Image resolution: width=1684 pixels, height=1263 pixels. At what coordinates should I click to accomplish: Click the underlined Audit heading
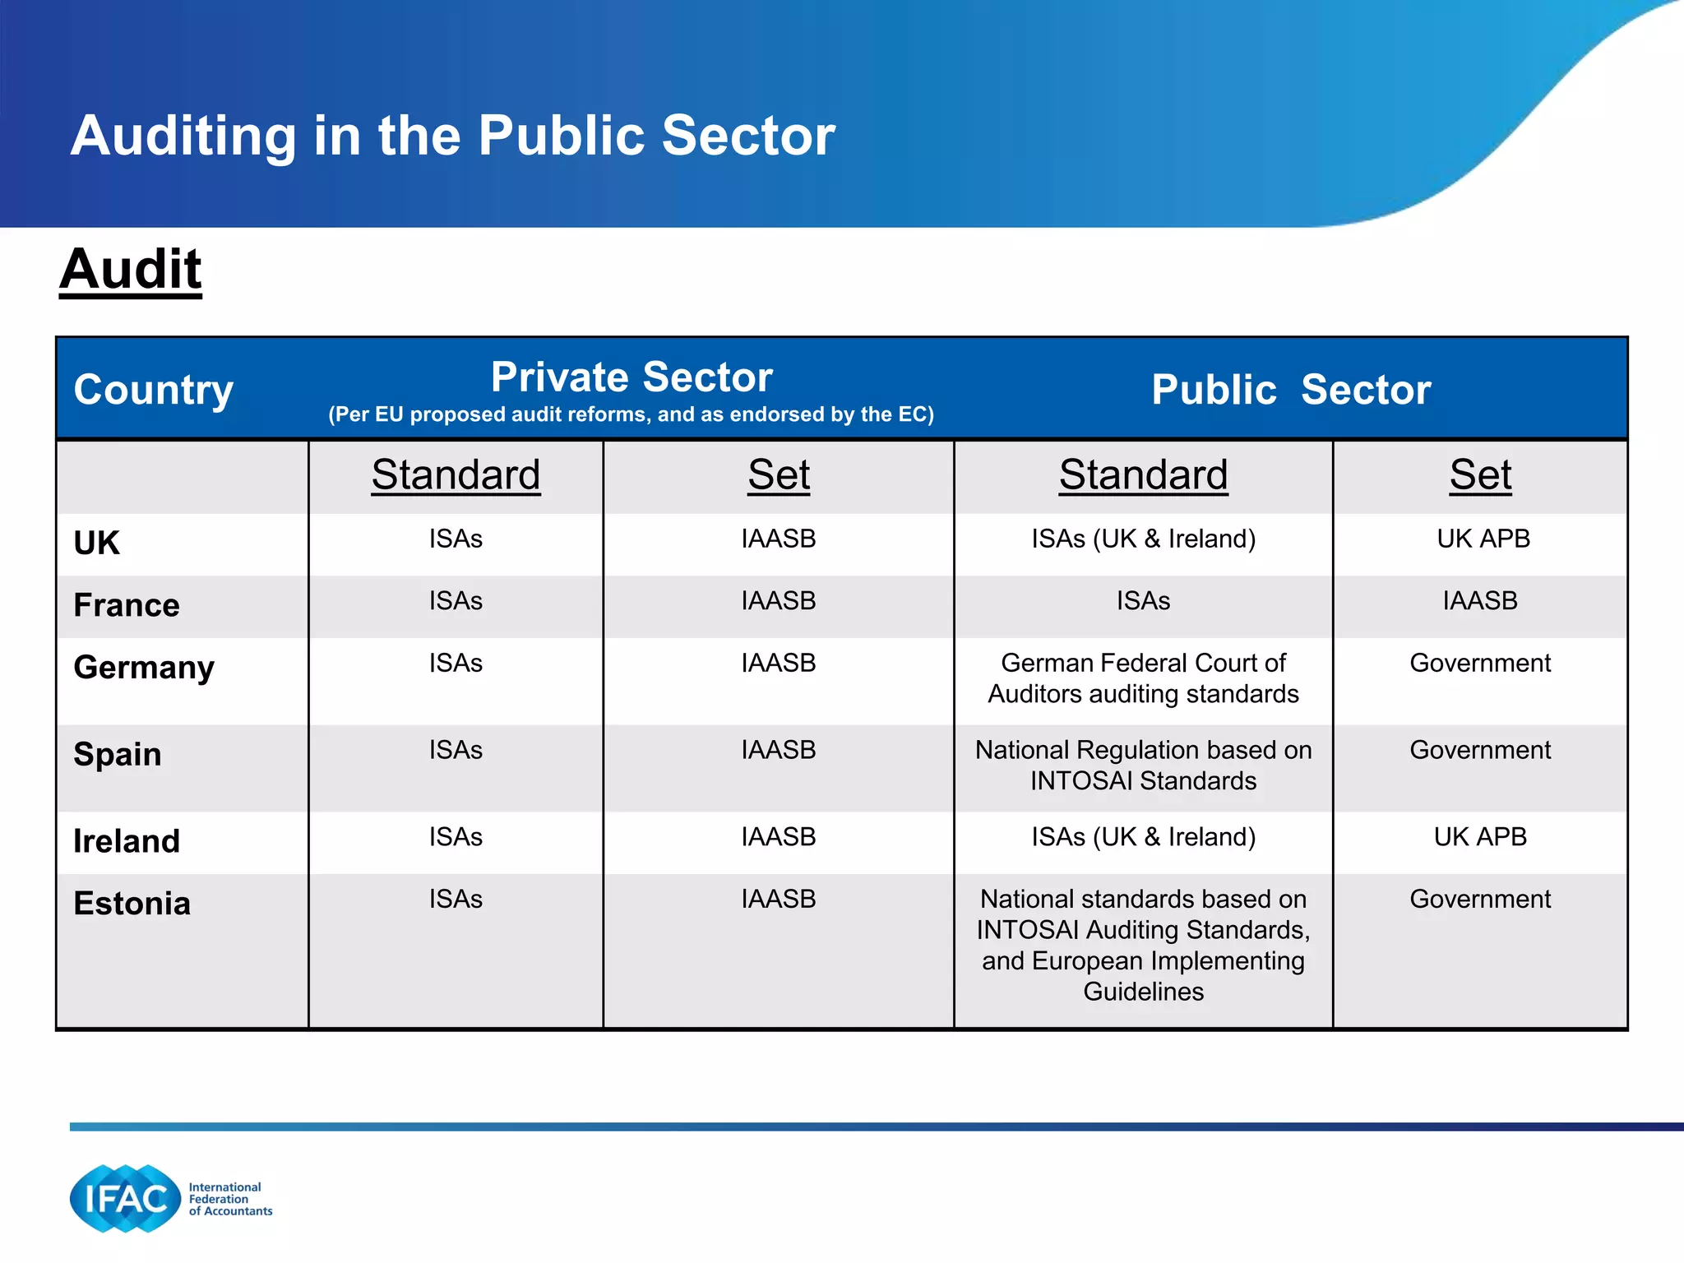pos(131,270)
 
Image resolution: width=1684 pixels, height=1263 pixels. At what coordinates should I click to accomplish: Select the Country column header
pos(154,389)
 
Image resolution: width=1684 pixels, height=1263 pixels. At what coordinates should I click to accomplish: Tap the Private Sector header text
pos(631,377)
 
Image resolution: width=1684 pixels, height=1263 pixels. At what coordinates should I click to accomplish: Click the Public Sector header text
pos(1291,389)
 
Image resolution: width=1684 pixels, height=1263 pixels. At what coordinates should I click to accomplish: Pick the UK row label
pos(97,543)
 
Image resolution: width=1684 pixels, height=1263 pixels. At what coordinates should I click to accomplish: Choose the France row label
pos(127,605)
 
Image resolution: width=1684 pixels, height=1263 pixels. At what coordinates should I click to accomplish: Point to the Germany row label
pos(144,667)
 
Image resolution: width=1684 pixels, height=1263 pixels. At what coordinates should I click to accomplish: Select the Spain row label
pos(118,754)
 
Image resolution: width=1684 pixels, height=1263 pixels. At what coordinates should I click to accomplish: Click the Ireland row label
pos(127,841)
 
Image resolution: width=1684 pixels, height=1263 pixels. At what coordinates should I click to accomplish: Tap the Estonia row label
pos(132,903)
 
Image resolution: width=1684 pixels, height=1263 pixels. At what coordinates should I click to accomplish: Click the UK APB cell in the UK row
pos(1483,539)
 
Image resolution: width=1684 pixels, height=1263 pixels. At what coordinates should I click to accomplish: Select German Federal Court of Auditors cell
pos(1143,678)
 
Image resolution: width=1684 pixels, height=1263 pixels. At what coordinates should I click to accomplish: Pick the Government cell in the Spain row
pos(1480,750)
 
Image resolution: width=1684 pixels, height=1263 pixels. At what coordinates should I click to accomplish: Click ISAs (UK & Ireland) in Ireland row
pos(1143,837)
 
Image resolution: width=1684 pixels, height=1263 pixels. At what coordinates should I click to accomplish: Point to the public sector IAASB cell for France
pos(1480,601)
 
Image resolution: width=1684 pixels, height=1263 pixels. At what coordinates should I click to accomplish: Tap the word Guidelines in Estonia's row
pos(1143,992)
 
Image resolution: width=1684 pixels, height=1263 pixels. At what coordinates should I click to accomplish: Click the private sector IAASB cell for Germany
pos(778,663)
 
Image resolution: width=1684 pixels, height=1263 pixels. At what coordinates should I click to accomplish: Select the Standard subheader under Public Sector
pos(1143,474)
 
